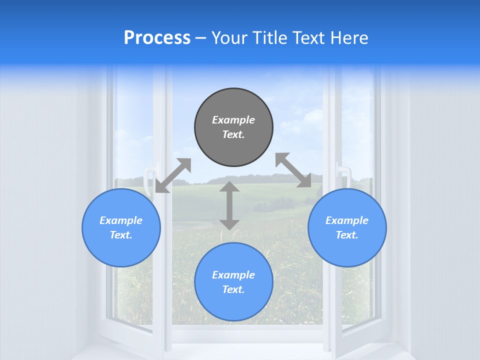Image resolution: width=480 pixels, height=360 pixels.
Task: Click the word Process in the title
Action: (157, 38)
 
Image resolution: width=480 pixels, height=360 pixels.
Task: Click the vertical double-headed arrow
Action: (229, 205)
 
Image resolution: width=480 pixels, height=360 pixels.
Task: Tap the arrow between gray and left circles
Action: (173, 175)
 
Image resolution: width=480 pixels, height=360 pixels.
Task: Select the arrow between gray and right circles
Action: (293, 170)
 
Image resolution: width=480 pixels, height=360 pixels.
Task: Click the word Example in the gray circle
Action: (233, 120)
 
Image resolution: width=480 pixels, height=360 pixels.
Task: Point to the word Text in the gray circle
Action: (233, 134)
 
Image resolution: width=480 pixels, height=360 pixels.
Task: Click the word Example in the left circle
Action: (121, 220)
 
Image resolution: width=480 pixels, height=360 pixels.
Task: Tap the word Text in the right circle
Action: (347, 235)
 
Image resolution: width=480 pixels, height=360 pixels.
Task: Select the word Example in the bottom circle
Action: (233, 275)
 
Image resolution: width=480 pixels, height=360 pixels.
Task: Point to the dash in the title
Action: (200, 38)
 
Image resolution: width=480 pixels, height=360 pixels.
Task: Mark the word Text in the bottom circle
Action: (233, 289)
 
